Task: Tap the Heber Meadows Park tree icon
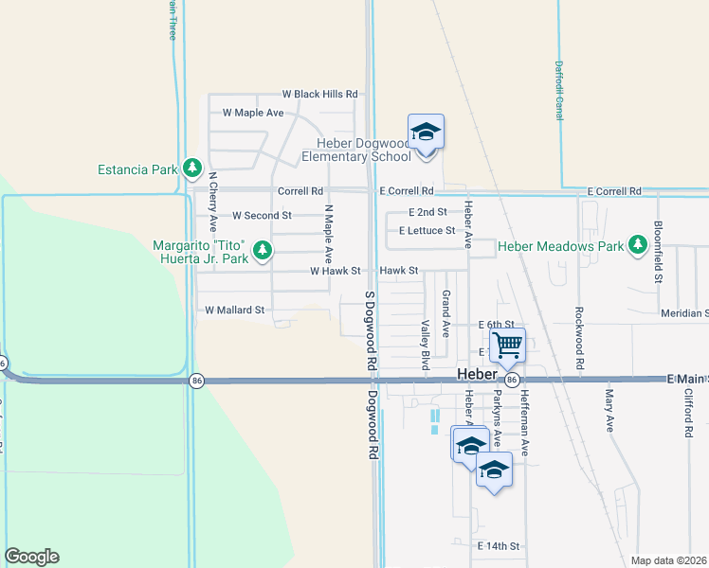pos(638,246)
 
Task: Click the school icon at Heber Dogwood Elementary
pos(426,132)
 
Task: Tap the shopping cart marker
pos(507,346)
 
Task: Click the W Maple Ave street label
pos(252,113)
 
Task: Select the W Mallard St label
pos(234,310)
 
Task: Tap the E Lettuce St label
pos(427,230)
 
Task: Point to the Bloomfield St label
pos(657,253)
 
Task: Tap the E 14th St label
pos(500,546)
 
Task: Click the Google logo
pos(31,557)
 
